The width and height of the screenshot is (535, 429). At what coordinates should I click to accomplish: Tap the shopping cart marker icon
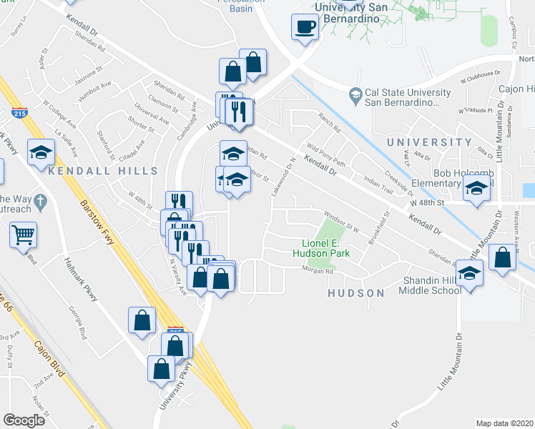(24, 234)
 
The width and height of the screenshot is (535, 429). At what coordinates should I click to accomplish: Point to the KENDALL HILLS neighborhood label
(102, 172)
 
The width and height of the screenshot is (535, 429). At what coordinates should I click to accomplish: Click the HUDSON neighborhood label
(355, 293)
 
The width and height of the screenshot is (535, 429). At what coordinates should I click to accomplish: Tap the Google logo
(24, 420)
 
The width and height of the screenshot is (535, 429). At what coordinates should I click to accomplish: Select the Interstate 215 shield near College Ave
(19, 113)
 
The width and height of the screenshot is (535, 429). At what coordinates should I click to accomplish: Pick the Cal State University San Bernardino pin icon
(355, 94)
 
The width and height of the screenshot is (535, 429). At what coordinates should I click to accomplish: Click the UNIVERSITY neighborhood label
(430, 142)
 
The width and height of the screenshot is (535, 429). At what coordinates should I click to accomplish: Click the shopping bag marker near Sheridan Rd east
(504, 260)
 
